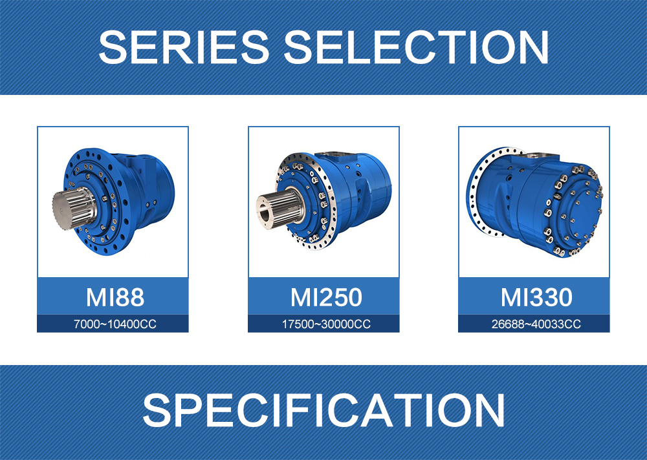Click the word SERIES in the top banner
184,47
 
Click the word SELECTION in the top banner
416,47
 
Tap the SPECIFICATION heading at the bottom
323,410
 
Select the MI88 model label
115,297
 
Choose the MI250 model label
326,297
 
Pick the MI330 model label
536,297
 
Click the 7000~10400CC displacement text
115,324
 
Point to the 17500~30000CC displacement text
326,324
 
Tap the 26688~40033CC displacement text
536,324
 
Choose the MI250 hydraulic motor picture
323,201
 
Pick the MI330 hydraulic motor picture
535,202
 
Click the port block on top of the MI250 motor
338,157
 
